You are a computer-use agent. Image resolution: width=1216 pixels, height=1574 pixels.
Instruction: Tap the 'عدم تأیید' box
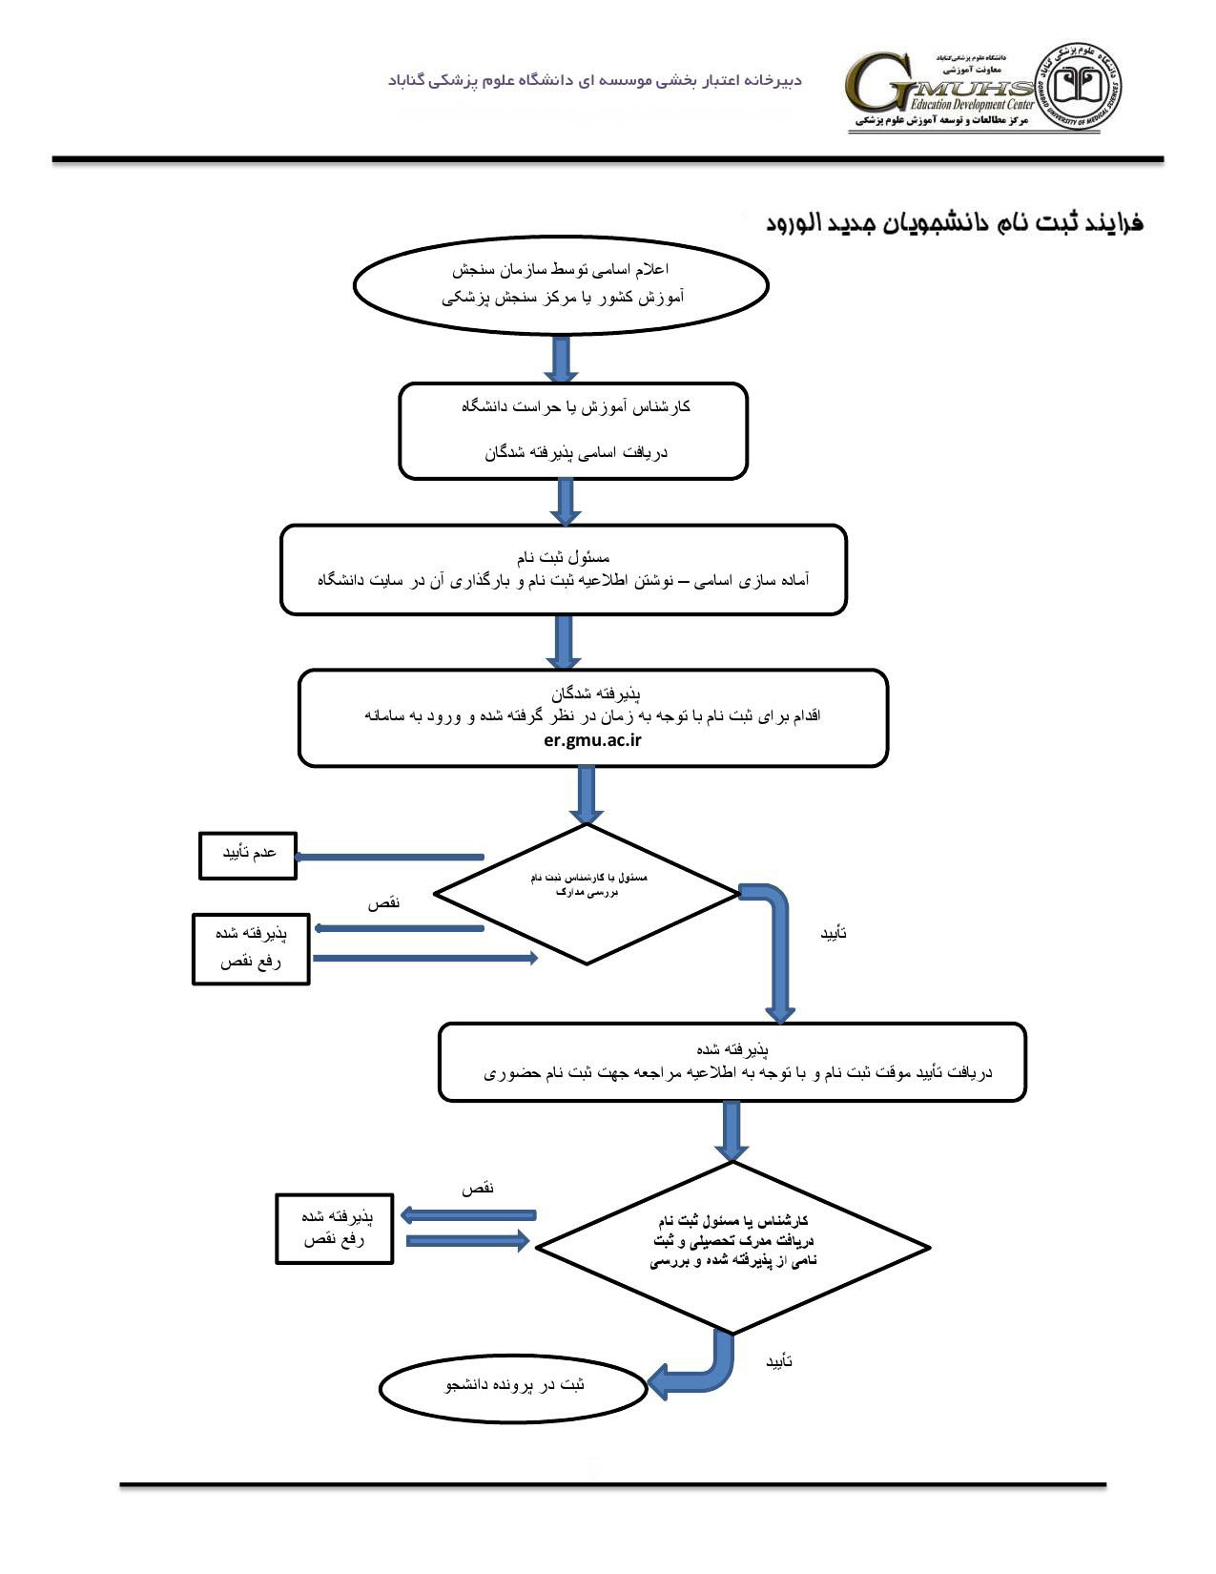(x=248, y=855)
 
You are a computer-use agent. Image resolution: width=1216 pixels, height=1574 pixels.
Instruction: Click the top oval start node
(x=561, y=284)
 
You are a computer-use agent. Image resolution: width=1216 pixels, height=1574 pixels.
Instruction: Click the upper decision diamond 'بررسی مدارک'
(x=587, y=893)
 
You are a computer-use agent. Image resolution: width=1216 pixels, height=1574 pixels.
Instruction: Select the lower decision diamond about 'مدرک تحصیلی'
(x=732, y=1245)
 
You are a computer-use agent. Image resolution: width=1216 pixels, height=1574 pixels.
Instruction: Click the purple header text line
(x=595, y=80)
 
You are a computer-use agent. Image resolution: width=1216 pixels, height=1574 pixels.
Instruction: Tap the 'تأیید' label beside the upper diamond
(x=834, y=933)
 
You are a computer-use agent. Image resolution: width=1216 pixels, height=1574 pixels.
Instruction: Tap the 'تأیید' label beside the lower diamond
(x=779, y=1362)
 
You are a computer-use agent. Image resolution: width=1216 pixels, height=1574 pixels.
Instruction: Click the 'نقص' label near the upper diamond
(x=383, y=902)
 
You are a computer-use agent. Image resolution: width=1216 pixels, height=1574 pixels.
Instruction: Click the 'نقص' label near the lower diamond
(x=478, y=1189)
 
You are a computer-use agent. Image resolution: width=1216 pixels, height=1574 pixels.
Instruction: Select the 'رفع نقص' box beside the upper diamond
(x=251, y=948)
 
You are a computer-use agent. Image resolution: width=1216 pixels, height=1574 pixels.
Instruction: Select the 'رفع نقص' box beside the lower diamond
(x=334, y=1229)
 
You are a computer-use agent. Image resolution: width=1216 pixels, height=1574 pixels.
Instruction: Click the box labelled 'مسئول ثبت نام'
(x=563, y=570)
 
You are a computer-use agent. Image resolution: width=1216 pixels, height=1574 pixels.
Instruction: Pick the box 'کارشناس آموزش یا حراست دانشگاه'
(x=572, y=430)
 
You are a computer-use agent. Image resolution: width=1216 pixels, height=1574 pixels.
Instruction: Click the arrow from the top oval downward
(x=561, y=361)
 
